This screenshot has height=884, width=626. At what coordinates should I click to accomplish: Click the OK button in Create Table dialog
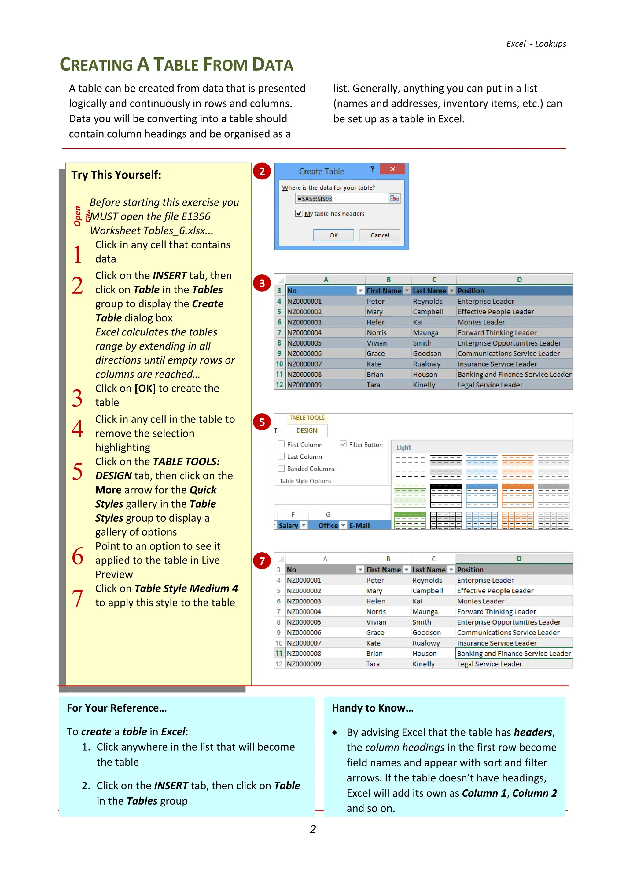(x=333, y=235)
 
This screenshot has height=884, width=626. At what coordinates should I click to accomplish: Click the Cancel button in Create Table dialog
(x=380, y=235)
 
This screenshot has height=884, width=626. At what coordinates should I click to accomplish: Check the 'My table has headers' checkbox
(x=299, y=213)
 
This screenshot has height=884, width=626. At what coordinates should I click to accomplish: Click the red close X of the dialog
(x=392, y=169)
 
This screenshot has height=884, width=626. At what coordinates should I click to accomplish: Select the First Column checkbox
(x=282, y=444)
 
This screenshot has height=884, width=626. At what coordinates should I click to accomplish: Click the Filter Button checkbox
(x=343, y=444)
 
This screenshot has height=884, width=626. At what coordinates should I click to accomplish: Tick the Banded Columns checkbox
(x=282, y=468)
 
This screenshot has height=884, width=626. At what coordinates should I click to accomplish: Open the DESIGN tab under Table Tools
(x=307, y=430)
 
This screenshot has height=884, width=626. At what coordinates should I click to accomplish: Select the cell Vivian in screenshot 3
(x=377, y=343)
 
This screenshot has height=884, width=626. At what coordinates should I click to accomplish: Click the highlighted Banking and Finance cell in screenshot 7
(x=514, y=653)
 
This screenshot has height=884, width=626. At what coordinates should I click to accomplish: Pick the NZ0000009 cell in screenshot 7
(x=304, y=664)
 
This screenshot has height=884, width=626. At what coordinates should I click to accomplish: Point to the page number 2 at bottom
(x=313, y=829)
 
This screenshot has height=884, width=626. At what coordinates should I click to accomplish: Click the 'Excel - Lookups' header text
(x=536, y=44)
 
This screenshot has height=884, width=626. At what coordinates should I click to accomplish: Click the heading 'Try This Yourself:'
(x=116, y=175)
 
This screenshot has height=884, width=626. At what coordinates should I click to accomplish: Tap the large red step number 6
(x=77, y=556)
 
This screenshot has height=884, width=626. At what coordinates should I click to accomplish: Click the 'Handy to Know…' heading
(x=372, y=708)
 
